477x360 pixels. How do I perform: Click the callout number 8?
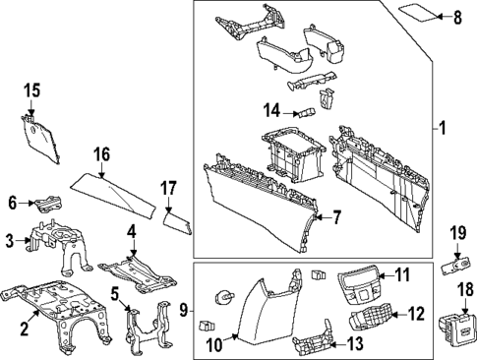(455, 18)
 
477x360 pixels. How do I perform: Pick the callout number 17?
(168, 188)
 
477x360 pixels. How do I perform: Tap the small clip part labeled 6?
(46, 205)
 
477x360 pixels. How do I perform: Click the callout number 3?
(10, 240)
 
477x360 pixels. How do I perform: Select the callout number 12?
(416, 314)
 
